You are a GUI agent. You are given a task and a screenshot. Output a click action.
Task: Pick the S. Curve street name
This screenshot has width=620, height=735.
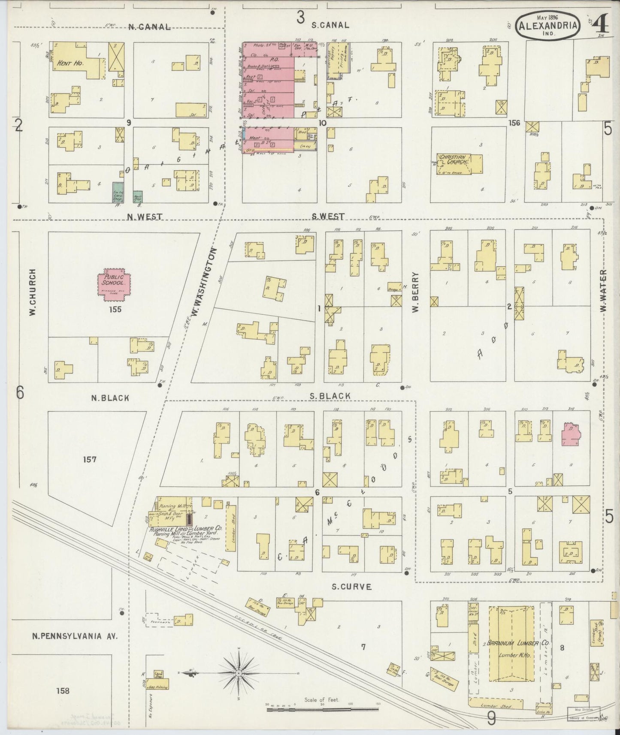pyautogui.click(x=351, y=587)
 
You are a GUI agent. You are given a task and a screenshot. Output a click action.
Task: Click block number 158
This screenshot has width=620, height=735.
pyautogui.click(x=63, y=690)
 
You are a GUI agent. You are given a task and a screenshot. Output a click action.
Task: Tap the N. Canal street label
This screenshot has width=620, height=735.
pyautogui.click(x=149, y=27)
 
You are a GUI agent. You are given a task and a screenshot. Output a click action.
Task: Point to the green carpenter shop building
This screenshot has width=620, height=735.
pyautogui.click(x=117, y=192)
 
